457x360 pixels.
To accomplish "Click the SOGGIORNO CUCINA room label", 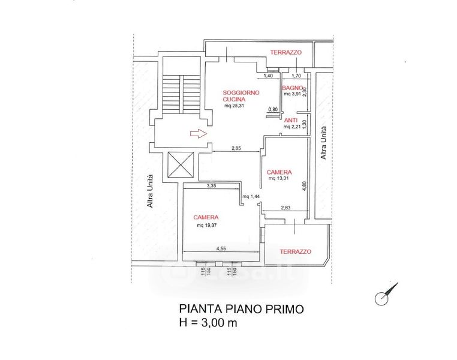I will click(x=240, y=95).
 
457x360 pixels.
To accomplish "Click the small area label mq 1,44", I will click(x=250, y=197).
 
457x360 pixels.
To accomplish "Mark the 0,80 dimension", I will click(x=273, y=109).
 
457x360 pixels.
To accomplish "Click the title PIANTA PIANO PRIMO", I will click(x=242, y=309).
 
